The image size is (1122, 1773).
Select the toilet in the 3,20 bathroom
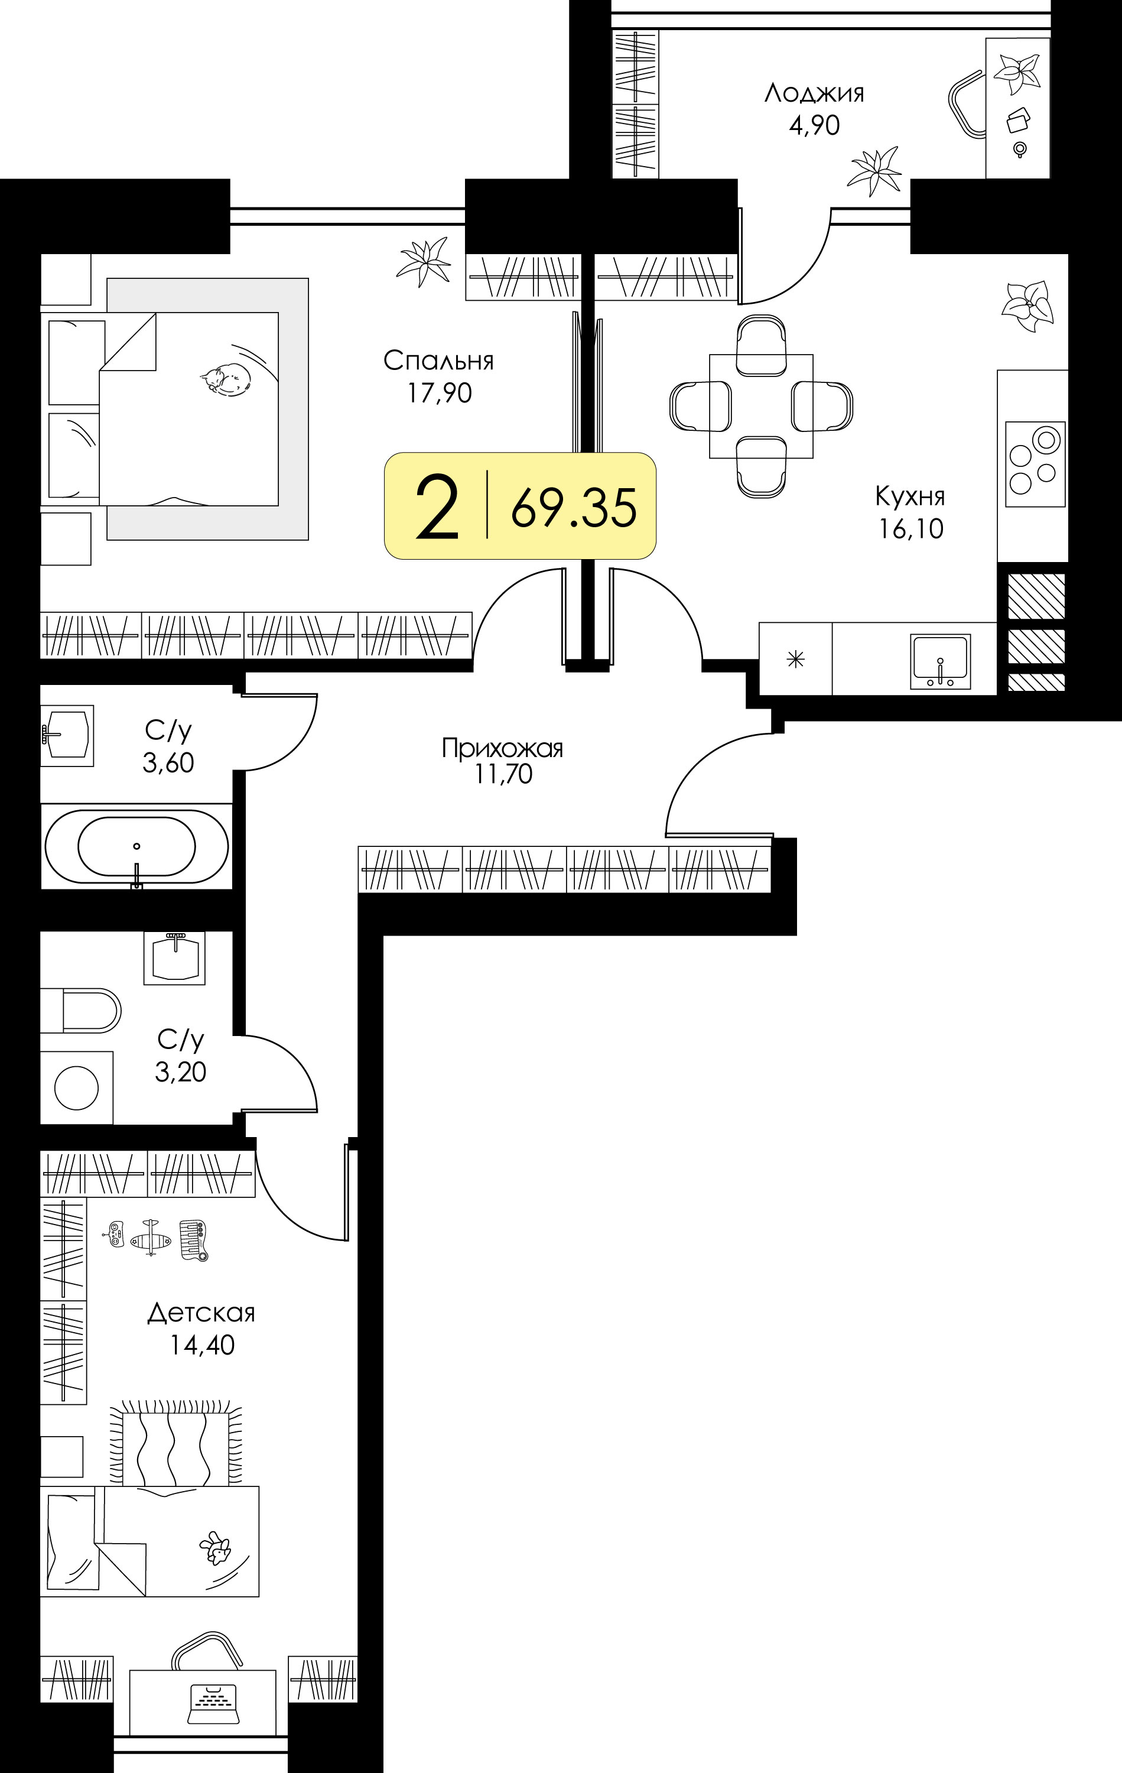click(81, 1010)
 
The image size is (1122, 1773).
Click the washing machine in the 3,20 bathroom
click(77, 1087)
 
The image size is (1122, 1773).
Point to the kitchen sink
click(940, 661)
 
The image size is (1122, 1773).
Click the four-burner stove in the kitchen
click(1035, 464)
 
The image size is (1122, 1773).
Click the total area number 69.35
click(574, 508)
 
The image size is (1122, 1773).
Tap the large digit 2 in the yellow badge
click(437, 506)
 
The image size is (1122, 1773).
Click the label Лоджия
click(814, 93)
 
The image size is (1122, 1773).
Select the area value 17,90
click(440, 393)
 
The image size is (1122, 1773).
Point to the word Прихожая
click(502, 748)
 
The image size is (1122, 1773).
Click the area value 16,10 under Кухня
click(910, 529)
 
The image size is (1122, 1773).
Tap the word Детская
click(201, 1313)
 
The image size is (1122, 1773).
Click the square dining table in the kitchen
click(761, 405)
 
